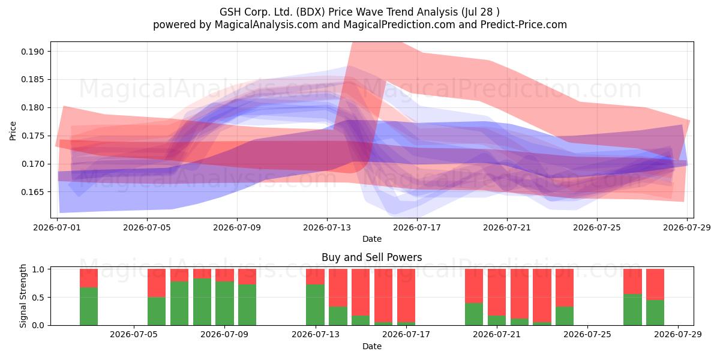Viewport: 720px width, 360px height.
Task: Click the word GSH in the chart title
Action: tap(230, 12)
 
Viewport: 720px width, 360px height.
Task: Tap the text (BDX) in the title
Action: tap(310, 12)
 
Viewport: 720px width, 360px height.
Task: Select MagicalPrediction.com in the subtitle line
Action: tap(399, 25)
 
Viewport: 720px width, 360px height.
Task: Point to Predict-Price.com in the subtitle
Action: tap(524, 25)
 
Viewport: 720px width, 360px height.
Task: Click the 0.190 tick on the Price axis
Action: tap(32, 52)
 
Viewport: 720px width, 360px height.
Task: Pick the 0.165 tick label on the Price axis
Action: tap(32, 192)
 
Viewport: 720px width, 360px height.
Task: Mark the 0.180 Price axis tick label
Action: tap(32, 107)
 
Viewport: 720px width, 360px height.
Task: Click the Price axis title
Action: tap(13, 131)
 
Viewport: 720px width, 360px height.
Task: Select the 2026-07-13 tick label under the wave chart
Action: tap(327, 227)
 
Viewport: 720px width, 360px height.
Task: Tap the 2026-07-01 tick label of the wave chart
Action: tap(57, 227)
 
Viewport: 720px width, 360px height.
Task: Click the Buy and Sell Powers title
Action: tap(372, 257)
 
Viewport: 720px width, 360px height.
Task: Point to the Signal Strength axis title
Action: tap(23, 296)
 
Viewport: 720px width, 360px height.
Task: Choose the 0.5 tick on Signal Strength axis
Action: tap(38, 298)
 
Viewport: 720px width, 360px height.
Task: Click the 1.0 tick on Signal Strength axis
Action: tap(38, 269)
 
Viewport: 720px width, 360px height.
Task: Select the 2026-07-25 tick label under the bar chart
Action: tap(587, 335)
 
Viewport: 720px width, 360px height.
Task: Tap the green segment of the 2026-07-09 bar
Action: tap(224, 304)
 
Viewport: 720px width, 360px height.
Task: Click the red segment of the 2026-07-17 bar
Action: tap(406, 295)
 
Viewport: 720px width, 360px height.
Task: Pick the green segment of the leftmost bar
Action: tap(89, 307)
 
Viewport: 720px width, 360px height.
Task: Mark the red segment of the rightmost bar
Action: tap(655, 284)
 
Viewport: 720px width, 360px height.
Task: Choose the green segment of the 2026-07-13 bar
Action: tap(316, 305)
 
